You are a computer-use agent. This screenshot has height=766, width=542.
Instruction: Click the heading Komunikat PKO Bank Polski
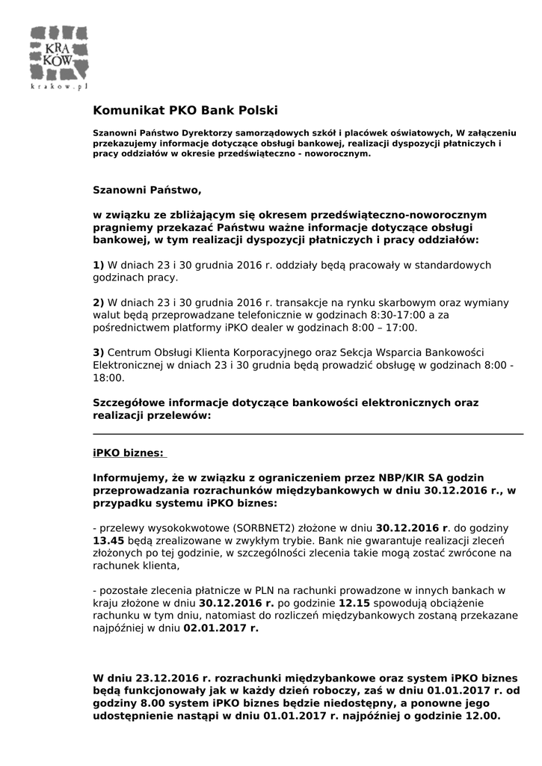click(x=185, y=111)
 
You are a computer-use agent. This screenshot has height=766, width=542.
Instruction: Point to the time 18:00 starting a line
click(x=108, y=379)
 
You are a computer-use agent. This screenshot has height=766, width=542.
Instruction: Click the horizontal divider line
click(x=307, y=434)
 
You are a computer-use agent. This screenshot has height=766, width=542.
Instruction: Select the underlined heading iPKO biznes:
click(x=128, y=453)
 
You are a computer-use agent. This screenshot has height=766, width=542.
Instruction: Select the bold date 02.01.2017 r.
click(x=221, y=628)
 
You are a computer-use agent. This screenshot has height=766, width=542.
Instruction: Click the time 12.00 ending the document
click(x=475, y=716)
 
